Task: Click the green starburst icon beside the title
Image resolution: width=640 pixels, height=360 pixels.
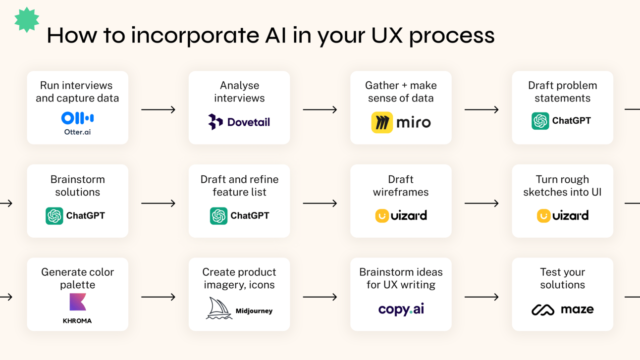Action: pos(27,20)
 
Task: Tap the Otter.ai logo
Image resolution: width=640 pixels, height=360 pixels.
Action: pos(77,123)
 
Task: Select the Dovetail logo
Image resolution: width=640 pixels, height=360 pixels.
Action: pos(239,122)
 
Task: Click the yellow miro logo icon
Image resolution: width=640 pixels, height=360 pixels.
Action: pos(382,122)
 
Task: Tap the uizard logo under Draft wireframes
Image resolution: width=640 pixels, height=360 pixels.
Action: pos(401,216)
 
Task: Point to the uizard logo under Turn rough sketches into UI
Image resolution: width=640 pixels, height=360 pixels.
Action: pos(563,216)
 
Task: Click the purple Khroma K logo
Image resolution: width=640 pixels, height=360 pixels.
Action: pos(78,302)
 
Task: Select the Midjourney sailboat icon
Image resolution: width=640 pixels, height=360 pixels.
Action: pos(219,308)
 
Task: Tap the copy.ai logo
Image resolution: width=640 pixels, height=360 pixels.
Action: pos(401,309)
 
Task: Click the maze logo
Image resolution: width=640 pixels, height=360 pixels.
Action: pos(563,309)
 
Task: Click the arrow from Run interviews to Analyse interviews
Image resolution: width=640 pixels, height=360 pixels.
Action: pos(159,109)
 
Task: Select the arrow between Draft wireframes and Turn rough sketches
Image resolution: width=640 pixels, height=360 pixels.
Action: pos(481,203)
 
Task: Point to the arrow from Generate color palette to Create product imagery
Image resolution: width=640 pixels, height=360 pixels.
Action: pos(159,297)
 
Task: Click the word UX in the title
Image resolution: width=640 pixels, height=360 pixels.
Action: pos(387,36)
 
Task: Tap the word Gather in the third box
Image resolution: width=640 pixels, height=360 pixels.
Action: pos(382,85)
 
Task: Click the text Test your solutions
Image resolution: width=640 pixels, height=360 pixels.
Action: pos(563,278)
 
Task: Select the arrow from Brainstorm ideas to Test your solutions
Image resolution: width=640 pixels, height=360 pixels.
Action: pos(481,297)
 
